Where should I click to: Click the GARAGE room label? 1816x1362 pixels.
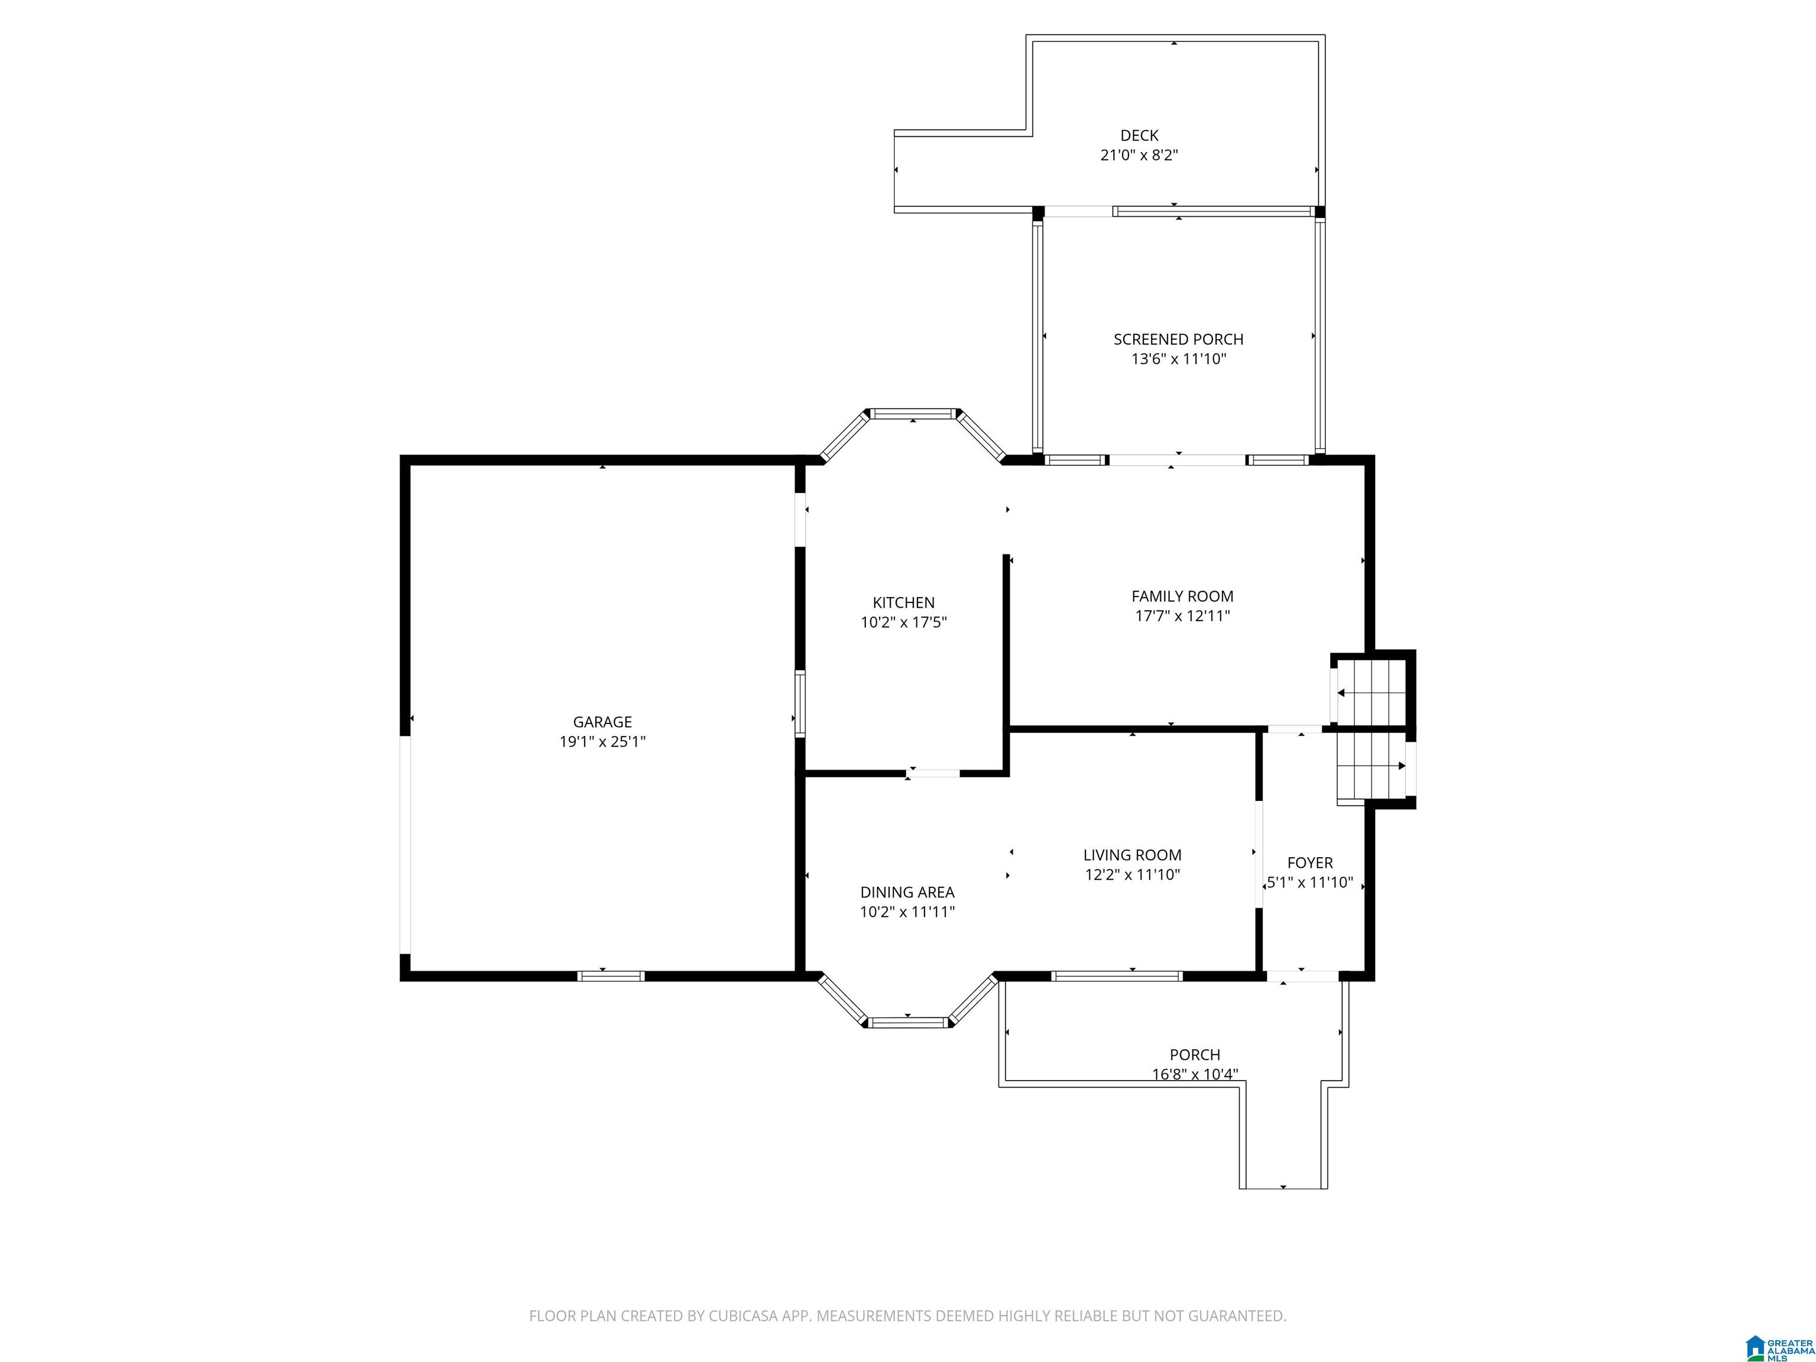(x=602, y=722)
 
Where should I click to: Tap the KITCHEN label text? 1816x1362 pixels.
(x=903, y=602)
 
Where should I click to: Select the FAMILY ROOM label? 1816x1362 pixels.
(x=1182, y=596)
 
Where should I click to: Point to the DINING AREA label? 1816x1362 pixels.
(x=907, y=891)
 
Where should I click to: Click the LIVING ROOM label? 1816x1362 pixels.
(x=1132, y=855)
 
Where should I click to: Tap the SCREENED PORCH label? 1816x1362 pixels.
(x=1178, y=339)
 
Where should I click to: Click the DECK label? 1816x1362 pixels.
(x=1140, y=135)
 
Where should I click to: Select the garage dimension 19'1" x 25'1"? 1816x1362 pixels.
(x=602, y=742)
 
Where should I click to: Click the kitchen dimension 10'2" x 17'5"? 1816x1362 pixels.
(x=903, y=622)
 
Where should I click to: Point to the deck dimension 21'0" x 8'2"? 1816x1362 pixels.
(x=1140, y=155)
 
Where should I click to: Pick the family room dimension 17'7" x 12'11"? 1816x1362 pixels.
(x=1182, y=616)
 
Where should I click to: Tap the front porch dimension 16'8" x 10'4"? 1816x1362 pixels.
(x=1195, y=1074)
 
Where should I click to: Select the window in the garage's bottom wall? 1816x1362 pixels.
(x=611, y=975)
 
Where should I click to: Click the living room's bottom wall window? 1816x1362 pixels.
(x=1117, y=975)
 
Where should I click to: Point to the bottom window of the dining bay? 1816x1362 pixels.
(x=908, y=1022)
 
